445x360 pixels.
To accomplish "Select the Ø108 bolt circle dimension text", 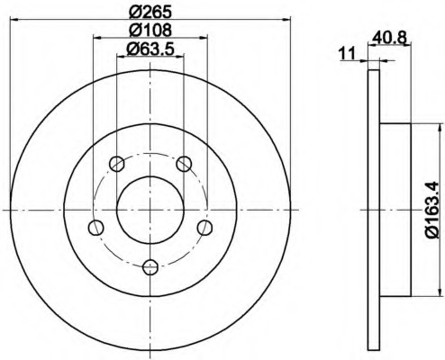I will (x=150, y=31).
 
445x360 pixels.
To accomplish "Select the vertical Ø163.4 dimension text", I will (x=431, y=210).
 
